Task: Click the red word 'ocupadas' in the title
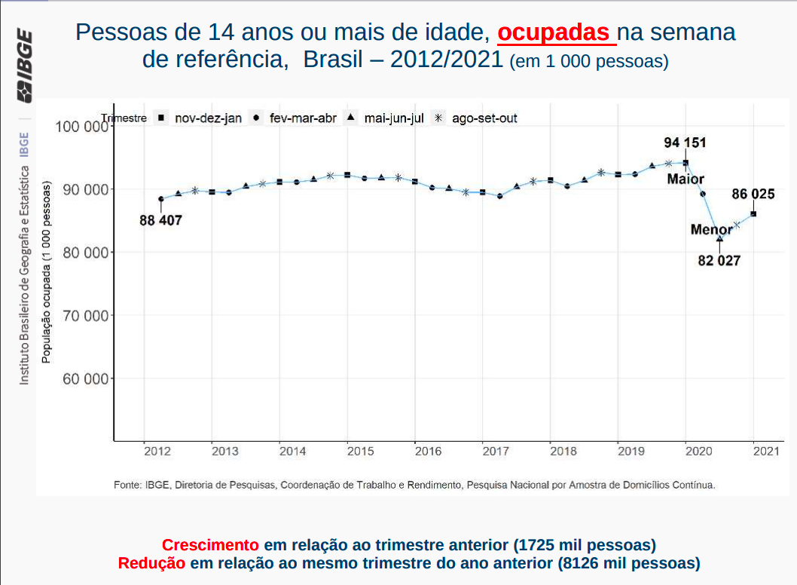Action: pos(554,32)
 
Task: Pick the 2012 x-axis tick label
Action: pos(157,452)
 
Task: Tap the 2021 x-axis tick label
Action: pos(765,452)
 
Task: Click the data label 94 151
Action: pos(685,142)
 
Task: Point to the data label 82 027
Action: pos(719,261)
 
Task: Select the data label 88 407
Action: pos(160,221)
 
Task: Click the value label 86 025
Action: pos(753,194)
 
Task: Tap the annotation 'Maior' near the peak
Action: pos(686,179)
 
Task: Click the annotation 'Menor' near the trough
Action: pos(711,230)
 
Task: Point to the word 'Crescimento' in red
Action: pos(210,545)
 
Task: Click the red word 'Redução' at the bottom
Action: pos(151,563)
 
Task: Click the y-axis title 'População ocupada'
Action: pos(47,271)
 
